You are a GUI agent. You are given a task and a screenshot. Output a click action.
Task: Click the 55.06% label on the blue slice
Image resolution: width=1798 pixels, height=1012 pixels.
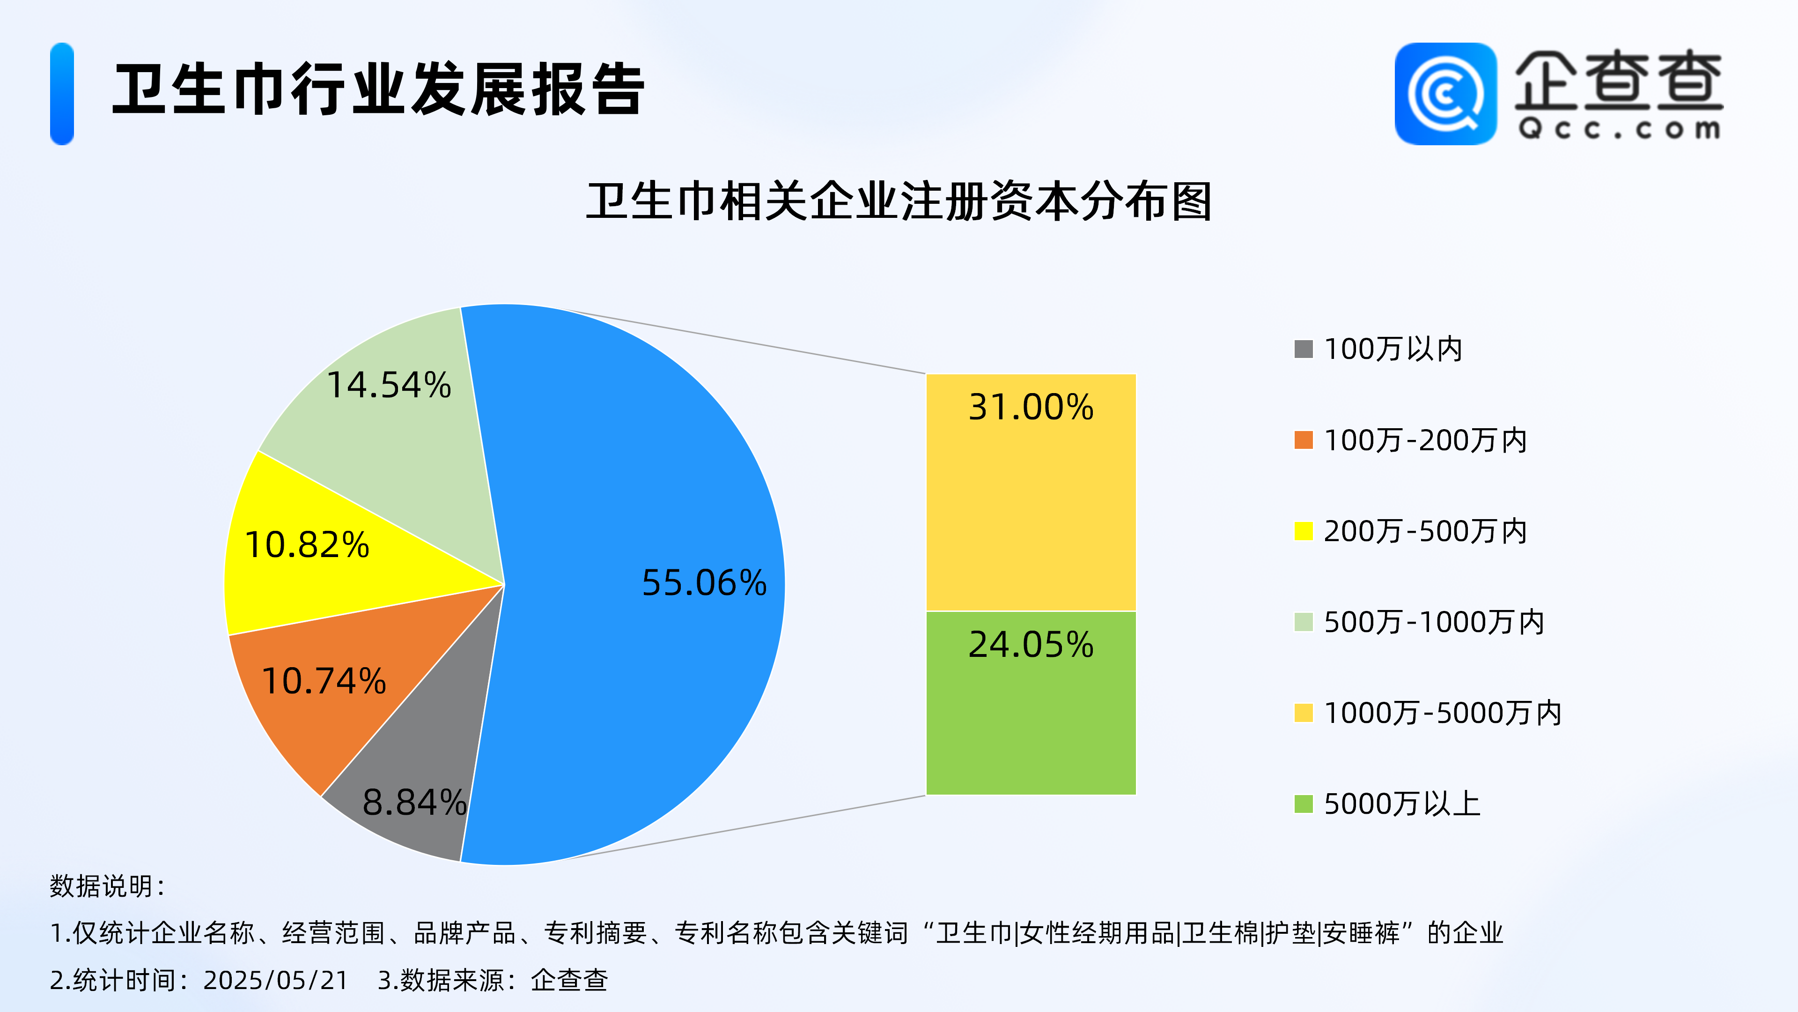click(704, 582)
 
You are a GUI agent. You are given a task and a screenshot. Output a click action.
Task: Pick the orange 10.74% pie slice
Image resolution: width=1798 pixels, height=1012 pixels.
click(335, 670)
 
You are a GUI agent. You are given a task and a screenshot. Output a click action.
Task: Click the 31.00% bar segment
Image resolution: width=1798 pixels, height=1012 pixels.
click(1031, 492)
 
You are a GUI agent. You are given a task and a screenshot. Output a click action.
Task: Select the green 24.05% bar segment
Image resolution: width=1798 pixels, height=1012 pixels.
click(1031, 703)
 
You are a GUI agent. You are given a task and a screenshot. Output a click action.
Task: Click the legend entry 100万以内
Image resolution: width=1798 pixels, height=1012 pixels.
click(1378, 349)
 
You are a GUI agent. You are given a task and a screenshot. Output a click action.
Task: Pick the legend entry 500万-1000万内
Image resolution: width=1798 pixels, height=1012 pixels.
click(1420, 622)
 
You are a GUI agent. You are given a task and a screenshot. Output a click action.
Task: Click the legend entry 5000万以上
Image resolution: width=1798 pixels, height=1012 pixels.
click(1387, 803)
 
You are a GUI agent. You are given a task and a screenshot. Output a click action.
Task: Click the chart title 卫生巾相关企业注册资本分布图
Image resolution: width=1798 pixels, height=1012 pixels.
click(899, 202)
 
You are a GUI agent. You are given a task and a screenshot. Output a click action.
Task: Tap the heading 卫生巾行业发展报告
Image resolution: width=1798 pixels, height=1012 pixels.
click(378, 89)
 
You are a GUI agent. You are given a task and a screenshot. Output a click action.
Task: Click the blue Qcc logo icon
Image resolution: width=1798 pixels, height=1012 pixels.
click(1445, 94)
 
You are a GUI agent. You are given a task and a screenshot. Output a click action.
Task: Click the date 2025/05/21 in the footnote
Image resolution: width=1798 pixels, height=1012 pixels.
click(276, 980)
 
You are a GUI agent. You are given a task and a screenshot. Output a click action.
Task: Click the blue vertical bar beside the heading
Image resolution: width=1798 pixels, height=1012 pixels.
click(62, 94)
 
